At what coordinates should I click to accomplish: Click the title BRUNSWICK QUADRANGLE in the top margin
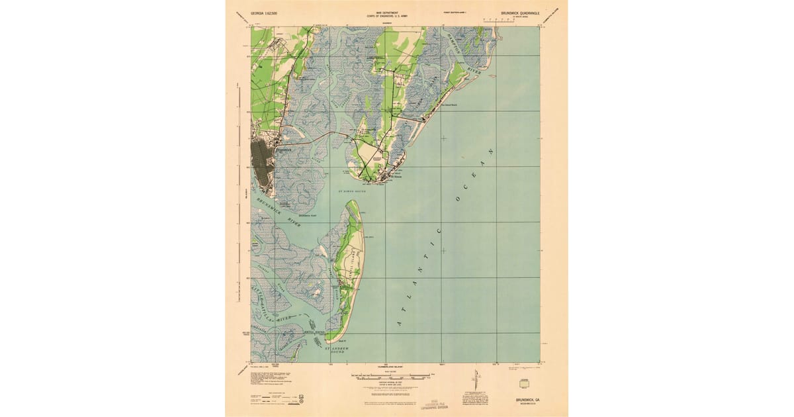(x=520, y=13)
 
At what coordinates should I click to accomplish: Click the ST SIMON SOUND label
(x=352, y=191)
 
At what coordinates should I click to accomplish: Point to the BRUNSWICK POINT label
(x=308, y=216)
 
